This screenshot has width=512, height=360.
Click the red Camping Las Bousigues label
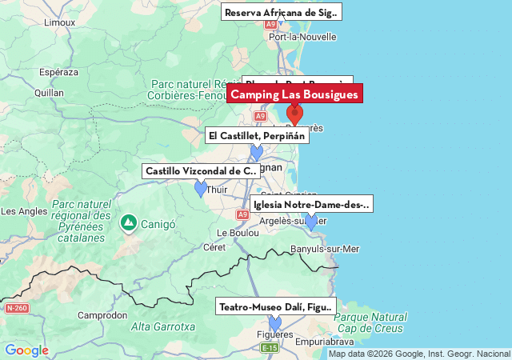tap(294, 95)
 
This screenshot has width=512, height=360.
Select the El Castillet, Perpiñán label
tap(257, 136)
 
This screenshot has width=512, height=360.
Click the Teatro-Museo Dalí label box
tap(275, 307)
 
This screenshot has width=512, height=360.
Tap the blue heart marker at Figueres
tap(275, 323)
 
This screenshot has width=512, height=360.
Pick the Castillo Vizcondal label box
tap(201, 171)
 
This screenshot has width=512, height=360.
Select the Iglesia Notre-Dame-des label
tap(311, 205)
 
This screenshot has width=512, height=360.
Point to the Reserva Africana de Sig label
tap(281, 13)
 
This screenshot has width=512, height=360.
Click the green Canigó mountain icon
tap(128, 222)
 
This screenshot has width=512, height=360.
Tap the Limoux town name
tap(59, 23)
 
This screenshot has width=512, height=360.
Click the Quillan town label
tap(49, 92)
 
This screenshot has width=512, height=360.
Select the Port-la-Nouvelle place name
tap(302, 37)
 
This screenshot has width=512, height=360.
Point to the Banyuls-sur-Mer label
tap(325, 249)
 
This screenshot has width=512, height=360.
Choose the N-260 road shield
tap(16, 308)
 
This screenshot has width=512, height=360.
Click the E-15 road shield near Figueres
tap(270, 348)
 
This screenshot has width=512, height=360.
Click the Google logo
tap(26, 350)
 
